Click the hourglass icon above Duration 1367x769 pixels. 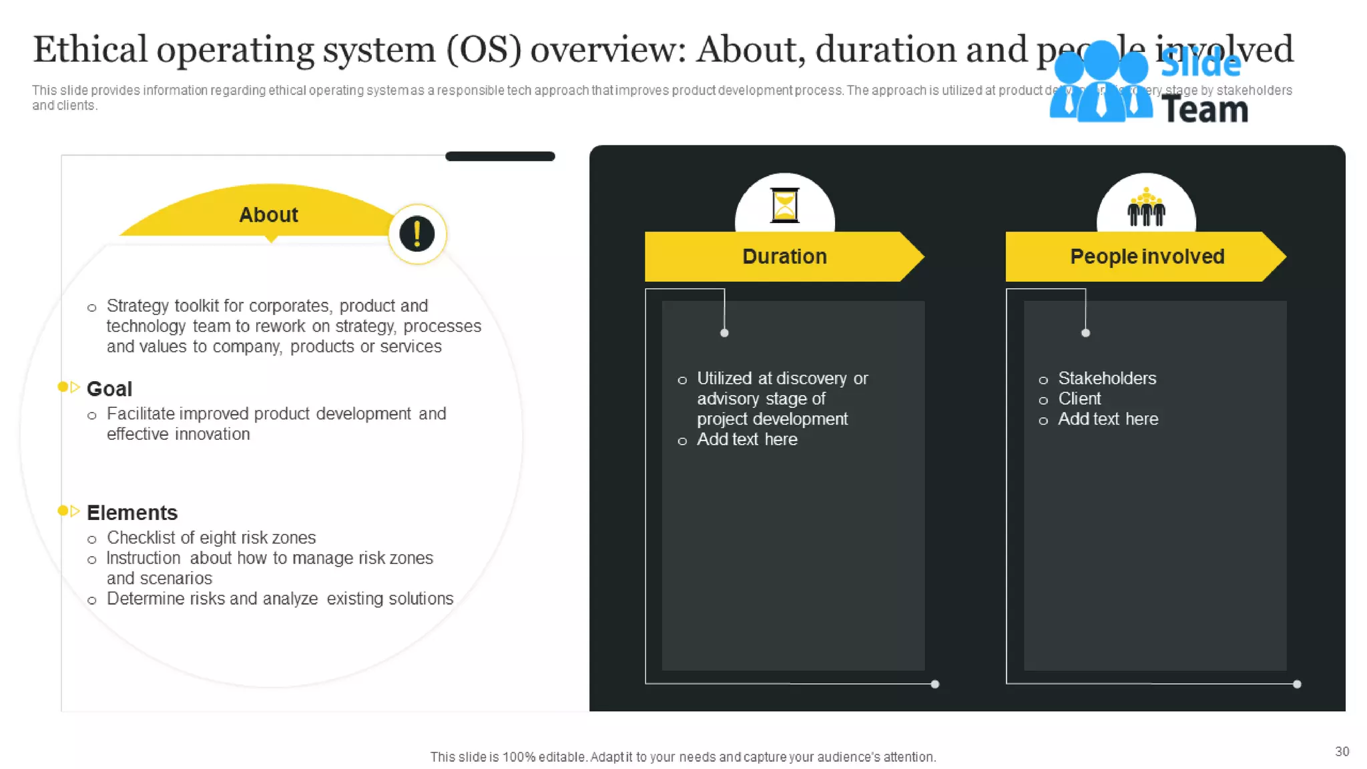(x=784, y=205)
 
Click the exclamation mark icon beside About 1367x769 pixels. (x=417, y=234)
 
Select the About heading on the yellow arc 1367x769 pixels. (x=268, y=215)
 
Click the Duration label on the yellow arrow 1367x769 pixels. (x=784, y=256)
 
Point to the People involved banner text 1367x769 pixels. (x=1147, y=256)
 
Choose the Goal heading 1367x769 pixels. (x=109, y=389)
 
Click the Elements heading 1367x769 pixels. (x=132, y=513)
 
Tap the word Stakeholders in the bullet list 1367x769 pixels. (x=1107, y=378)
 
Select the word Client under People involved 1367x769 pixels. (x=1079, y=399)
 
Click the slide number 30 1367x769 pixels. (x=1342, y=752)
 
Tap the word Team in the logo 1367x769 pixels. (x=1204, y=110)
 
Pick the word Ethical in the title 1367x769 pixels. (x=90, y=49)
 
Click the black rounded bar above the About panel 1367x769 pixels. (x=500, y=156)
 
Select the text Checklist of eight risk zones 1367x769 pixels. (x=211, y=538)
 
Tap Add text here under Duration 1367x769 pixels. (x=747, y=439)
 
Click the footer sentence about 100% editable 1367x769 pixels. (x=683, y=757)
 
